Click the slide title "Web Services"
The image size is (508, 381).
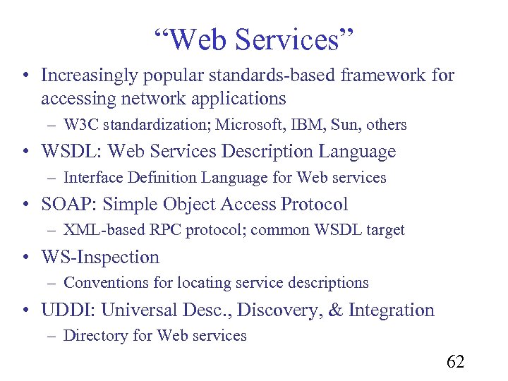(253, 40)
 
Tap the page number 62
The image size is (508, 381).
(455, 362)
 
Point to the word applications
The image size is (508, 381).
(232, 97)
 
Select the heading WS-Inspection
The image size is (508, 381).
(100, 258)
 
